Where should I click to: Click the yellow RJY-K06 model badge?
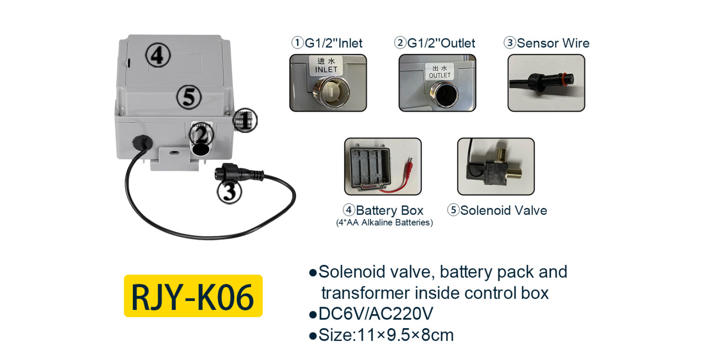(193, 296)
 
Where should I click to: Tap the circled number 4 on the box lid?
(157, 56)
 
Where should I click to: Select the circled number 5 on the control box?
(189, 97)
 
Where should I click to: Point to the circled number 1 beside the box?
(245, 120)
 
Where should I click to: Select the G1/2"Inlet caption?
(327, 43)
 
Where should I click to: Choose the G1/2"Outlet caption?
(435, 43)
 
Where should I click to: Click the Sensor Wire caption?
(546, 43)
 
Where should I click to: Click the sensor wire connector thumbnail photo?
(546, 83)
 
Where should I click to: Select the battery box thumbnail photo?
(382, 166)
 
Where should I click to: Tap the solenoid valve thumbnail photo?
(496, 166)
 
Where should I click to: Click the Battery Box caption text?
(383, 210)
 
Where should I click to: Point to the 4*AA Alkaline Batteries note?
(384, 223)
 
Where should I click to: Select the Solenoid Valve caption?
(497, 210)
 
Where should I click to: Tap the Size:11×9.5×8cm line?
(381, 335)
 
